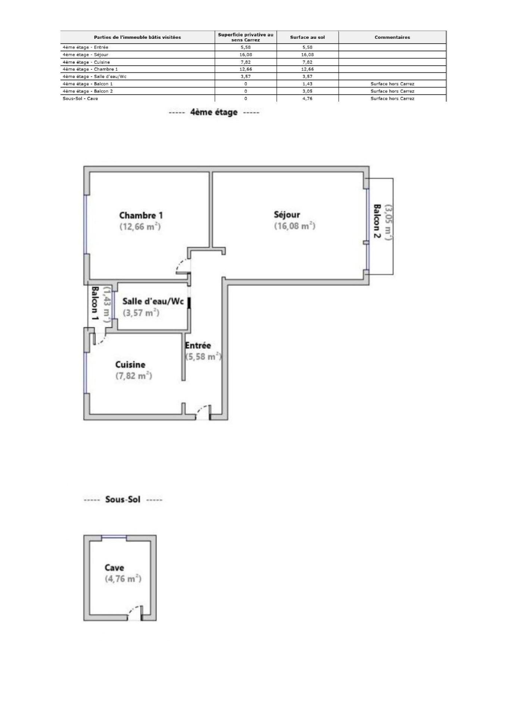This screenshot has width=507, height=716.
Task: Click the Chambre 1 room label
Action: (141, 215)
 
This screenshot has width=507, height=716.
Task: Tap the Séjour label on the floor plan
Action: (287, 214)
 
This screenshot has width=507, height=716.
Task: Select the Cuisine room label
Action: (130, 364)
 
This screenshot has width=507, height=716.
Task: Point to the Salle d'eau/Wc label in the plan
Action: (153, 301)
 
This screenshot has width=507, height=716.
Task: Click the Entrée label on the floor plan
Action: (198, 345)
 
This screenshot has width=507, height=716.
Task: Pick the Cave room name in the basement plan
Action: (114, 568)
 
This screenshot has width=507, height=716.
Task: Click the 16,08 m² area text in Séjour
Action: (295, 226)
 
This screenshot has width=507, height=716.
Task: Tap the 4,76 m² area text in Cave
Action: (123, 579)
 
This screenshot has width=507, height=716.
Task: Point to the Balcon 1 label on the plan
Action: (95, 304)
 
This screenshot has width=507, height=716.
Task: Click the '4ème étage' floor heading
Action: (214, 112)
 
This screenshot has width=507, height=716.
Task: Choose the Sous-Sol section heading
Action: (123, 499)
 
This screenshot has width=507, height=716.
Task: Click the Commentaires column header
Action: (392, 37)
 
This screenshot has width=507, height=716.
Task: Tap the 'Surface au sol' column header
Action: (308, 37)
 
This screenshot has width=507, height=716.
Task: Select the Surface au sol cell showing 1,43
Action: (308, 84)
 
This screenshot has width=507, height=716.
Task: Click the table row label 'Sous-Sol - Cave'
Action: (80, 98)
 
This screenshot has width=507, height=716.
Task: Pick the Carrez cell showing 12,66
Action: (246, 69)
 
